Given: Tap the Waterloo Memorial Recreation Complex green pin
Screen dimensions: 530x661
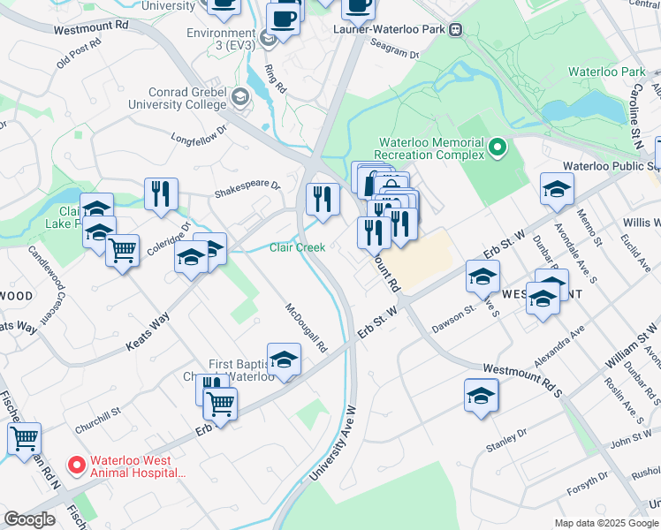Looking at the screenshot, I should [498, 148].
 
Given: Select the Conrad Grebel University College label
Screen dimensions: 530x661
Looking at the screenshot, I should [175, 98].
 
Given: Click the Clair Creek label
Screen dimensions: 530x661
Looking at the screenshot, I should [298, 248].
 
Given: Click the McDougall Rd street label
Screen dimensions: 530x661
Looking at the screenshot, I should [306, 328].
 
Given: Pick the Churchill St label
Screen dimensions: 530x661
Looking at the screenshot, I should [97, 409].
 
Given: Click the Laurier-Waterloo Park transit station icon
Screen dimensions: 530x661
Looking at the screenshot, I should [456, 28].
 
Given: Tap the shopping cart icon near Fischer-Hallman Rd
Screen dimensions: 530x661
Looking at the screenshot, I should [24, 438].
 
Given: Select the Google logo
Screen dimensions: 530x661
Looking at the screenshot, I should [28, 519].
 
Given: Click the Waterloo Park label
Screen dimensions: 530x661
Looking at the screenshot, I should [595, 71].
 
